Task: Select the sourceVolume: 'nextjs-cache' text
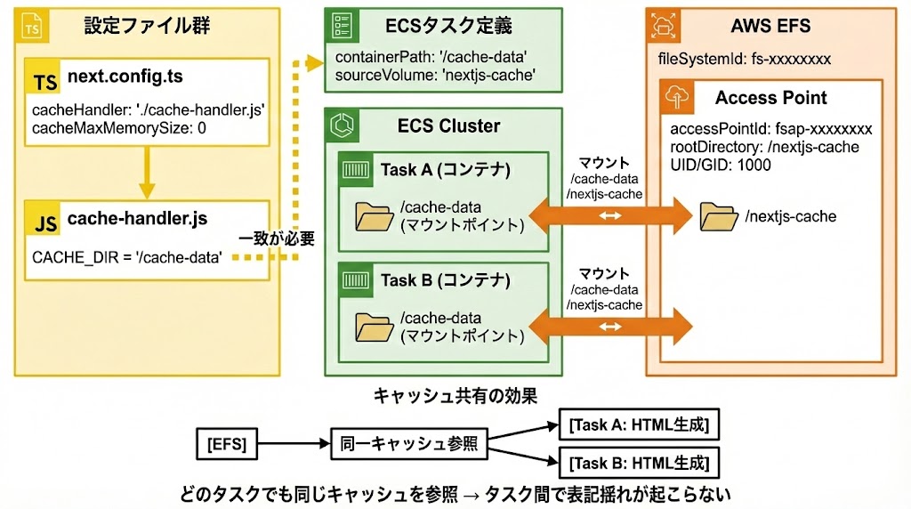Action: (435, 76)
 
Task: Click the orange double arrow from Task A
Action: (609, 215)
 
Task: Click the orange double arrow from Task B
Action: (609, 327)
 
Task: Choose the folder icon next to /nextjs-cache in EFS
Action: (718, 216)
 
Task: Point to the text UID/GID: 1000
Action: (720, 165)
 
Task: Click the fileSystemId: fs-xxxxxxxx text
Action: (744, 60)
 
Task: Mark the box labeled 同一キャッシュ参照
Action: (407, 441)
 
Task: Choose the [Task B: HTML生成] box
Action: (638, 463)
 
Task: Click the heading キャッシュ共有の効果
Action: (455, 392)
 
